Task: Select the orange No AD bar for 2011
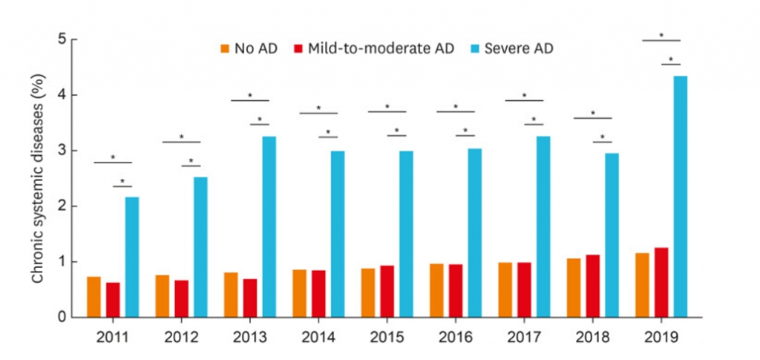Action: coord(94,297)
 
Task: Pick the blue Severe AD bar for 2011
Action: coord(131,257)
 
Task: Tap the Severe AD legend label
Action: coord(519,49)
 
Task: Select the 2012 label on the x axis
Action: coord(180,336)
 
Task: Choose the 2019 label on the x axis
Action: coord(661,336)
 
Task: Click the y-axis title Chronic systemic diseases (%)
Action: coord(36,178)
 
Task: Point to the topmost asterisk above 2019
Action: coord(661,35)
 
